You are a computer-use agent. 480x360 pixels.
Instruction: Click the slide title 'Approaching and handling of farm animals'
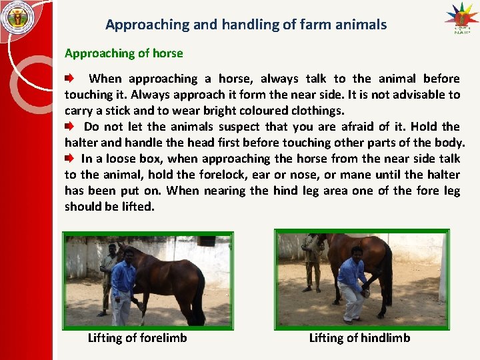click(246, 25)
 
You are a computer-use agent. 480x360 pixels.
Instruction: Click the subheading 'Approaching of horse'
click(123, 53)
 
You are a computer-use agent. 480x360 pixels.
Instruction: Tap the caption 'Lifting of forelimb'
click(137, 338)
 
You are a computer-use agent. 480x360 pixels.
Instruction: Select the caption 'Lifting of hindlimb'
click(359, 338)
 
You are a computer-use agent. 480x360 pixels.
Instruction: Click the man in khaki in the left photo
click(107, 277)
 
